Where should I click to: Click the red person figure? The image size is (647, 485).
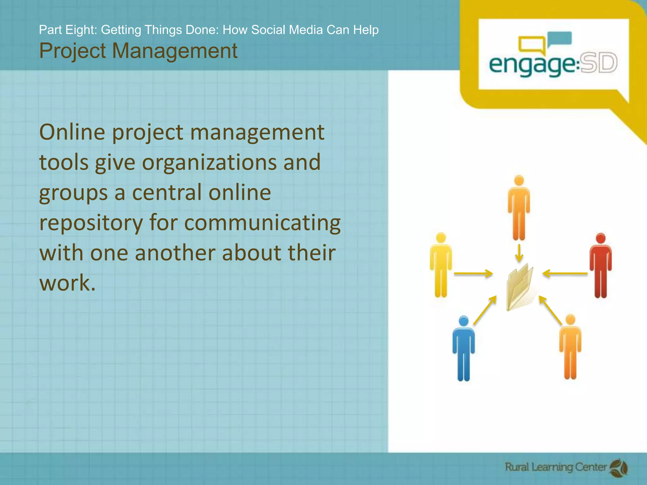coord(600,265)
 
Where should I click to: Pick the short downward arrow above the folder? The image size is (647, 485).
coord(519,253)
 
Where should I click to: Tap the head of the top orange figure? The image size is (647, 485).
coord(519,181)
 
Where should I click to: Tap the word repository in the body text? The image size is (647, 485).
coord(91,223)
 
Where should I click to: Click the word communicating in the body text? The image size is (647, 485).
coord(262,223)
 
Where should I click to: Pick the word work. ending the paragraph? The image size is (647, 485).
coord(67,283)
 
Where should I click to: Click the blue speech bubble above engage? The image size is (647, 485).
coord(560,39)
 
